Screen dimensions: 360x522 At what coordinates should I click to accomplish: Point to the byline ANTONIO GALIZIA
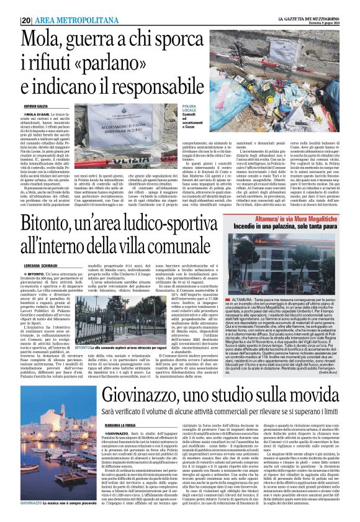coord(34,107)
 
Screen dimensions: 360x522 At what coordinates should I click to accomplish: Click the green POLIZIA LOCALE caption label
coord(189,109)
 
